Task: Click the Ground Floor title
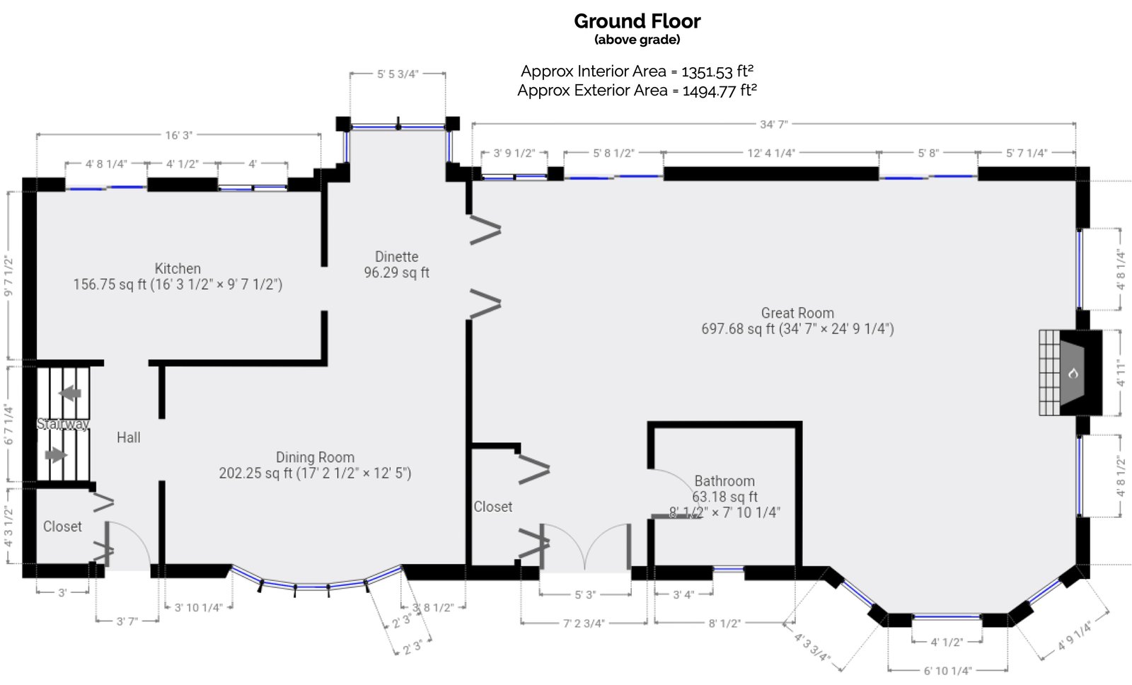[x=637, y=21]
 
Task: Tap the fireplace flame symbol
[x=1073, y=373]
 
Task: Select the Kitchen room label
[x=178, y=269]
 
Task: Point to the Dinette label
[x=396, y=257]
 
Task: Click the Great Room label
[x=797, y=313]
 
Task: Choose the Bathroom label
[x=724, y=481]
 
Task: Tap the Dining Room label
[x=315, y=458]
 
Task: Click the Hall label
[x=128, y=438]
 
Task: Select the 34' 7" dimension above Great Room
[x=773, y=125]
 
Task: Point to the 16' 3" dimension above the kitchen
[x=178, y=135]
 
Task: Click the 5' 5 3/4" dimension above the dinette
[x=398, y=74]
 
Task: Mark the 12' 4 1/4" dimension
[x=771, y=153]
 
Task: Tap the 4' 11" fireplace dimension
[x=1120, y=373]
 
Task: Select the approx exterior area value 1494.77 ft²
[x=719, y=91]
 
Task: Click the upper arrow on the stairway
[x=70, y=393]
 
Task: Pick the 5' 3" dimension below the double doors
[x=584, y=595]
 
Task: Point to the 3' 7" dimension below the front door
[x=127, y=621]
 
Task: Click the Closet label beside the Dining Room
[x=493, y=507]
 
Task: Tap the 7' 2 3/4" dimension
[x=584, y=623]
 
